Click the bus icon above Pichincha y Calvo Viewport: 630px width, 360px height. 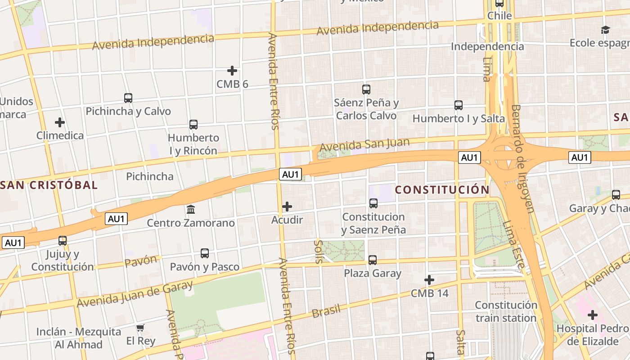128,98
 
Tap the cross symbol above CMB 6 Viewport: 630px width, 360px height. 232,71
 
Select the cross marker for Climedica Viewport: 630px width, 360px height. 60,122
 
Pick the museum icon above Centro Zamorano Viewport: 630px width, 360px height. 191,210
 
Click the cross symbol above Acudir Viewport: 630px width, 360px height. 287,207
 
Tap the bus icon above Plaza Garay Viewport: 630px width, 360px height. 373,260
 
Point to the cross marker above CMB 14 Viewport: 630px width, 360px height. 429,280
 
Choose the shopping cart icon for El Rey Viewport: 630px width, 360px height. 140,328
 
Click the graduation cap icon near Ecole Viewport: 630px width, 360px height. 605,30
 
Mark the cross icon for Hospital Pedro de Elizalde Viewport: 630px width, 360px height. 593,315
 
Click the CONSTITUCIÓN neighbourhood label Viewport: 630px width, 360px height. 442,190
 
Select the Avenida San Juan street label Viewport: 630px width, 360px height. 364,145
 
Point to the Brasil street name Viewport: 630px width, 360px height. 326,310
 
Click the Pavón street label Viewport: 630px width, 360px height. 141,261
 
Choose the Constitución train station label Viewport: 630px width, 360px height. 506,311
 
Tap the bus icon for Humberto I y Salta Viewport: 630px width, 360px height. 459,105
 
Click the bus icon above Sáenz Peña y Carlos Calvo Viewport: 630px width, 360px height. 366,90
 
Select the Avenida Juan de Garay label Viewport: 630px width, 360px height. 135,294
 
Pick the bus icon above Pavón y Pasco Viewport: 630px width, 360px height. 205,253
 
